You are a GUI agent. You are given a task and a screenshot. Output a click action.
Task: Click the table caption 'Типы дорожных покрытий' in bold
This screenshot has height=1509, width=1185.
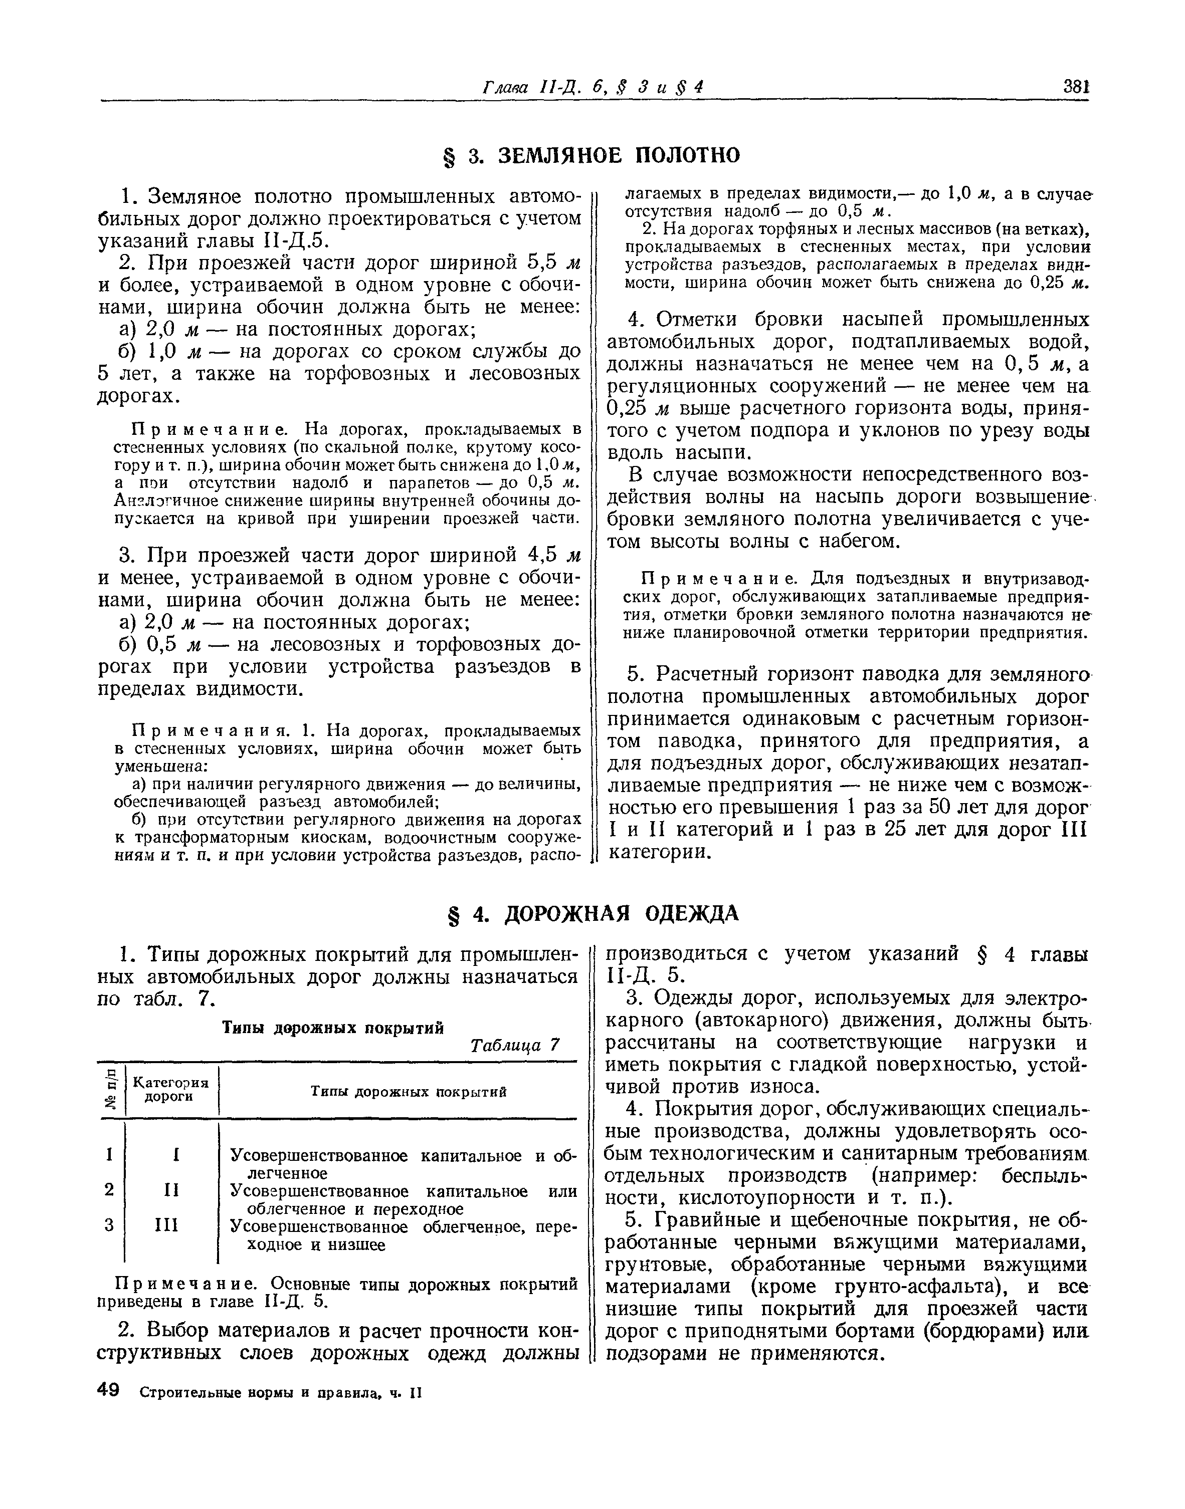tap(332, 1027)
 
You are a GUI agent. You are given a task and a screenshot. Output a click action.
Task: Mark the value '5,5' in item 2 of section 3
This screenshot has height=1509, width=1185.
tap(542, 263)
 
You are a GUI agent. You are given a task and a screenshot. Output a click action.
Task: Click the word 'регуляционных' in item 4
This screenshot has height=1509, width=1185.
tap(694, 386)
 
